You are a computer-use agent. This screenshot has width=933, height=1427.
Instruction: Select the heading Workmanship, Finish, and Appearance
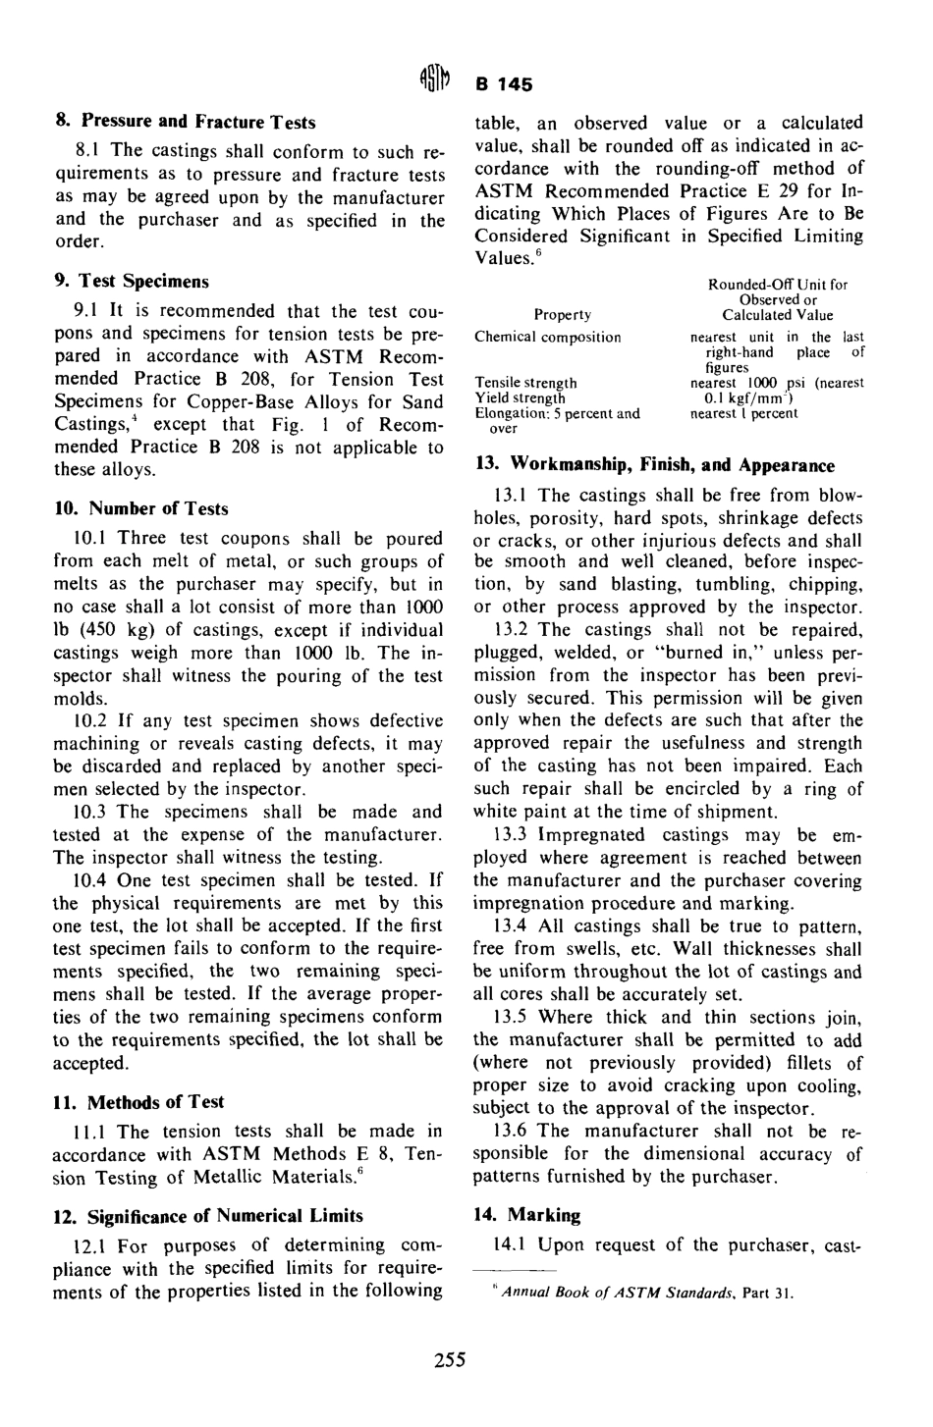click(x=654, y=465)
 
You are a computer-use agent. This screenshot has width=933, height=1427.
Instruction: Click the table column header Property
click(x=562, y=315)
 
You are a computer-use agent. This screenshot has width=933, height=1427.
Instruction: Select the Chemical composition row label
click(x=547, y=337)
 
